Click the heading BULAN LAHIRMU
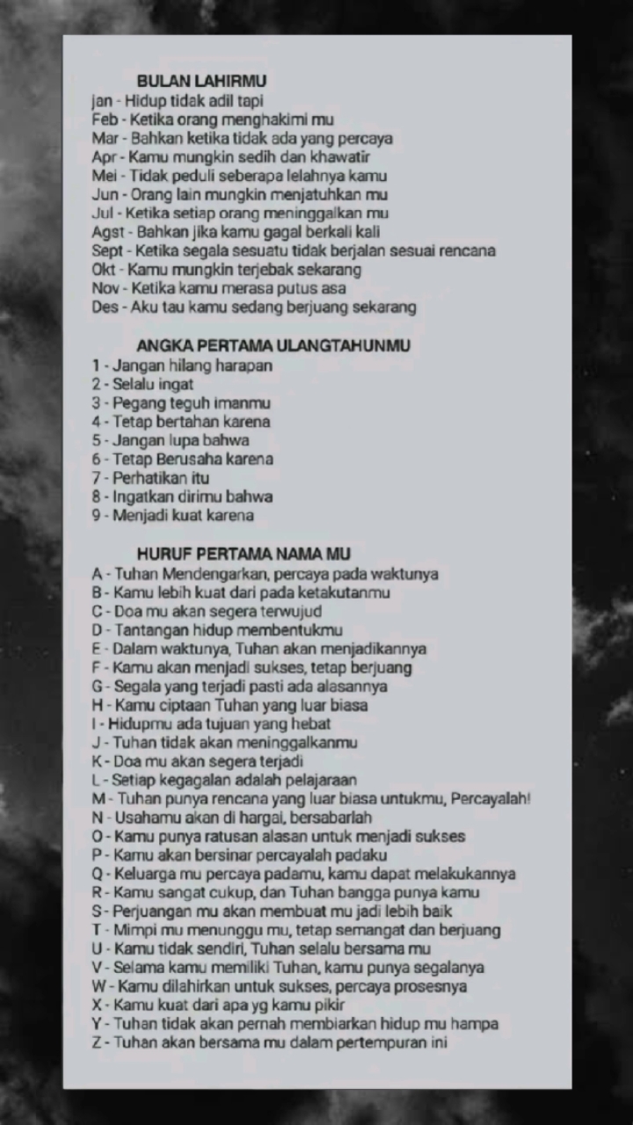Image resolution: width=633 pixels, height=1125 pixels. click(x=201, y=82)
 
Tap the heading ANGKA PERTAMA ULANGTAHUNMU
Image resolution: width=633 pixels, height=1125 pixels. click(x=273, y=345)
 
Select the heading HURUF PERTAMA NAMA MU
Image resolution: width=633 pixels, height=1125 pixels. click(x=244, y=554)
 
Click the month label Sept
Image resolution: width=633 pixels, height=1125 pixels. click(x=105, y=250)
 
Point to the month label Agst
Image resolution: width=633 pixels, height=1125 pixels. click(x=108, y=232)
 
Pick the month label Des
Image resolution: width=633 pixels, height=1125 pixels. click(x=104, y=307)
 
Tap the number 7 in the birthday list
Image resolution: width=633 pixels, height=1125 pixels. click(x=96, y=478)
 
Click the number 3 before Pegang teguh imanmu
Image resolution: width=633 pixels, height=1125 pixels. click(x=96, y=403)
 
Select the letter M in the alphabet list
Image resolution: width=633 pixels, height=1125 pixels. click(x=98, y=799)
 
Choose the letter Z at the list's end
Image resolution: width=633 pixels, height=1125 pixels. click(x=97, y=1043)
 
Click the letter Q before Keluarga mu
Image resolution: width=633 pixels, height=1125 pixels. click(x=98, y=874)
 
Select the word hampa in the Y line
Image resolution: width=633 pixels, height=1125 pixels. click(x=475, y=1024)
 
